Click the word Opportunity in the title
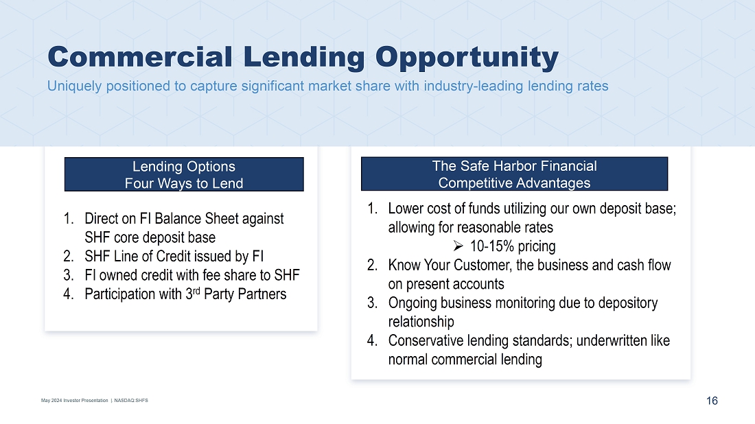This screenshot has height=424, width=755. tap(467, 58)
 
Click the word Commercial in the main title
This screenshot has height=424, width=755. tap(140, 57)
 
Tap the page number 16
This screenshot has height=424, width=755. tap(712, 401)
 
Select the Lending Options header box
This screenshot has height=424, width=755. tap(184, 174)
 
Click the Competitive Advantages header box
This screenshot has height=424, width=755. tap(514, 174)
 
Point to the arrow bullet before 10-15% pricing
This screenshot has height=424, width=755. tap(458, 246)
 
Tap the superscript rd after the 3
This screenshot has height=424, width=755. tap(196, 291)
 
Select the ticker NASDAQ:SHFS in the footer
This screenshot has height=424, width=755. tap(131, 401)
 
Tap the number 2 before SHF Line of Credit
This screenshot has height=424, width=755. tap(68, 257)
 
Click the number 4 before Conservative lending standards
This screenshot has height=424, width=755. tap(372, 341)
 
